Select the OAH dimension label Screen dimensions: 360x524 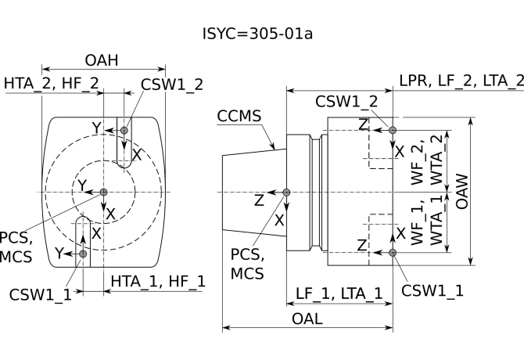tap(102, 61)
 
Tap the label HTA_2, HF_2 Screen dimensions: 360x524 tap(52, 82)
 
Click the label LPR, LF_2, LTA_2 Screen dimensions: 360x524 tap(461, 81)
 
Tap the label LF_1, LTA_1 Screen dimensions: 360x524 tap(339, 293)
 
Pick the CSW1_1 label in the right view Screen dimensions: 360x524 tap(432, 290)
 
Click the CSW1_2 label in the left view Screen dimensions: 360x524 tap(171, 83)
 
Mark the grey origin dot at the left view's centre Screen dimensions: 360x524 tap(104, 192)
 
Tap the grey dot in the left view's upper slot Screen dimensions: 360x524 tap(125, 130)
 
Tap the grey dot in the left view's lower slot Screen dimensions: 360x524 tap(83, 254)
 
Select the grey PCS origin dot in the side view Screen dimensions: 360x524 tap(287, 192)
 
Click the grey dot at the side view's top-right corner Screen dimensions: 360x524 tap(393, 130)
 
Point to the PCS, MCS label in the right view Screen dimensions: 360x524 tap(247, 265)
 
